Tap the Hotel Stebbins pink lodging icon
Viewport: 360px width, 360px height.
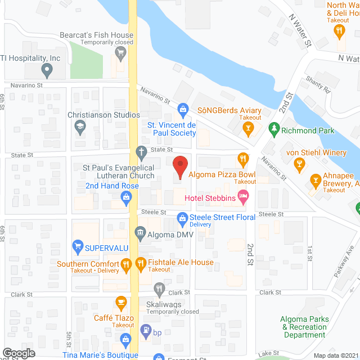pyautogui.click(x=243, y=197)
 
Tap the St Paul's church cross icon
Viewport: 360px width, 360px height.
pyautogui.click(x=141, y=152)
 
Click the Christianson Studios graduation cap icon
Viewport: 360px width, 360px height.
pyautogui.click(x=80, y=127)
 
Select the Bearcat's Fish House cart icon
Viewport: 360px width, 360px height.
pyautogui.click(x=120, y=53)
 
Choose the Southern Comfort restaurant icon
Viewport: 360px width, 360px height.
pyautogui.click(x=127, y=263)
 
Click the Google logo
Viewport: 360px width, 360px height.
pyautogui.click(x=18, y=353)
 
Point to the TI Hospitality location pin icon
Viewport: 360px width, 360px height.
pyautogui.click(x=47, y=71)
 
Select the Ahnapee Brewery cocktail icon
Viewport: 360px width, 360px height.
pyautogui.click(x=316, y=181)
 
